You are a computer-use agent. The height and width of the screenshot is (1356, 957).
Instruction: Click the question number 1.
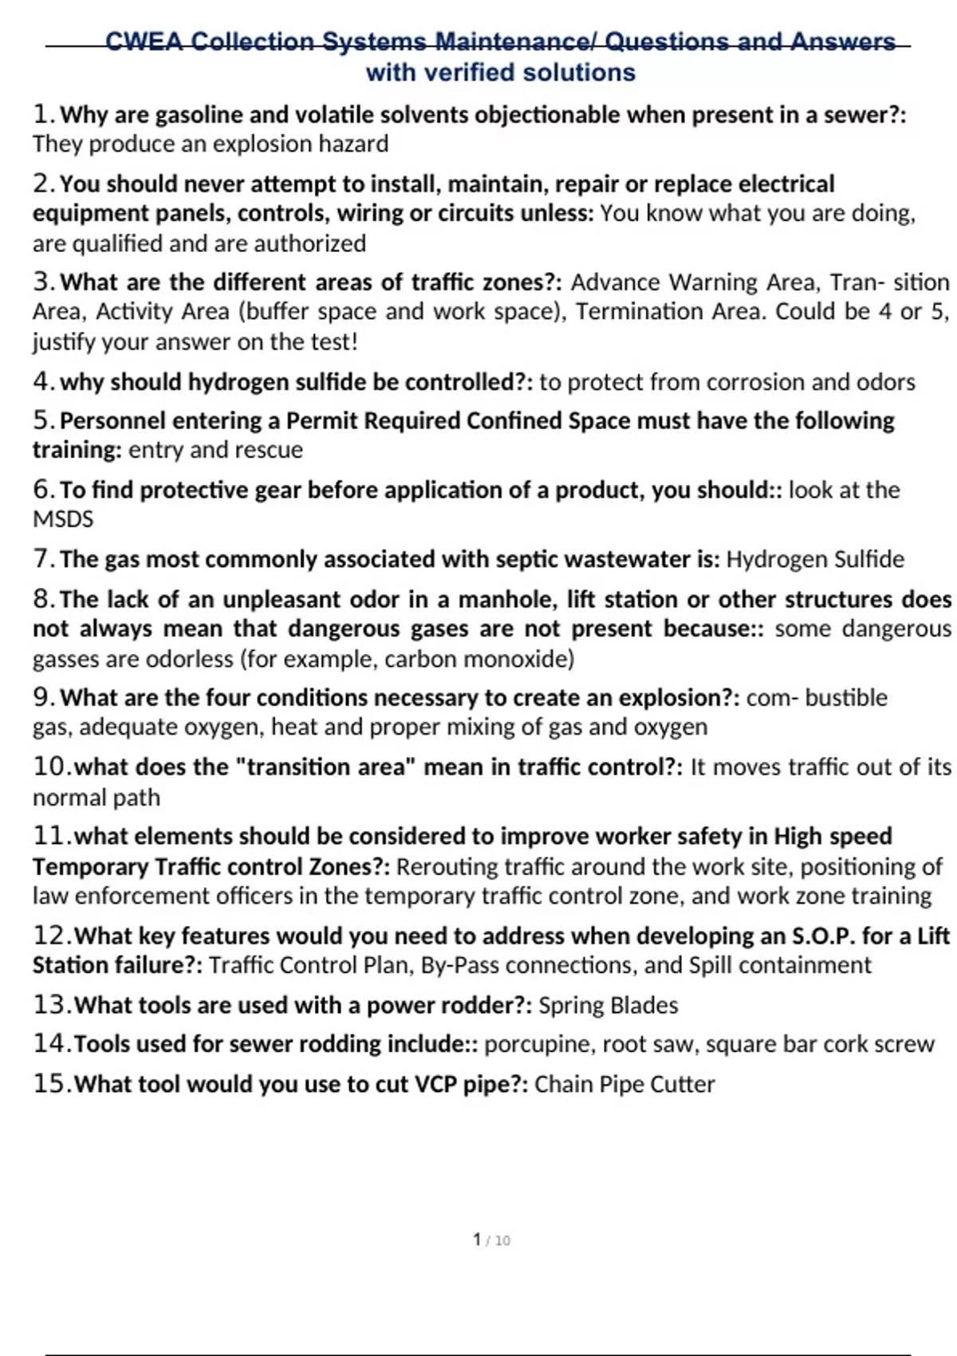[43, 115]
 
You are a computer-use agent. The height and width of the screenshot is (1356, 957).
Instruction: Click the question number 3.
[43, 282]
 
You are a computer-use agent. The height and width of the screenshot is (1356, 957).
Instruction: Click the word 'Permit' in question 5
[322, 420]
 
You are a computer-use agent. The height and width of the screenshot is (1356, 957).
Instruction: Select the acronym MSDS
[63, 519]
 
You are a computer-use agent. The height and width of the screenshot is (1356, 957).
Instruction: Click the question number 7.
[43, 559]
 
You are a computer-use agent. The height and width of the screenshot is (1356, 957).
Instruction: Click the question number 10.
[51, 767]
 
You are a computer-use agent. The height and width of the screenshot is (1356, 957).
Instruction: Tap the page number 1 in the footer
[477, 1240]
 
